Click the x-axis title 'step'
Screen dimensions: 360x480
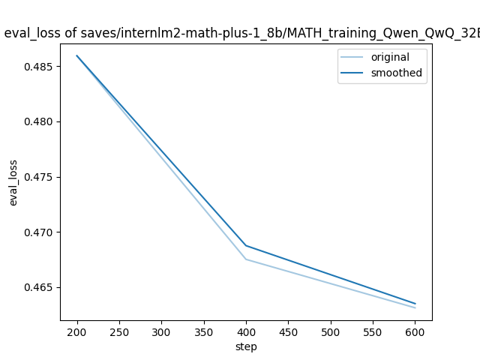246,347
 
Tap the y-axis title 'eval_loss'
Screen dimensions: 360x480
13,182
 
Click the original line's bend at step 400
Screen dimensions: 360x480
246,259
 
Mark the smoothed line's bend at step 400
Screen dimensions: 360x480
246,245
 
